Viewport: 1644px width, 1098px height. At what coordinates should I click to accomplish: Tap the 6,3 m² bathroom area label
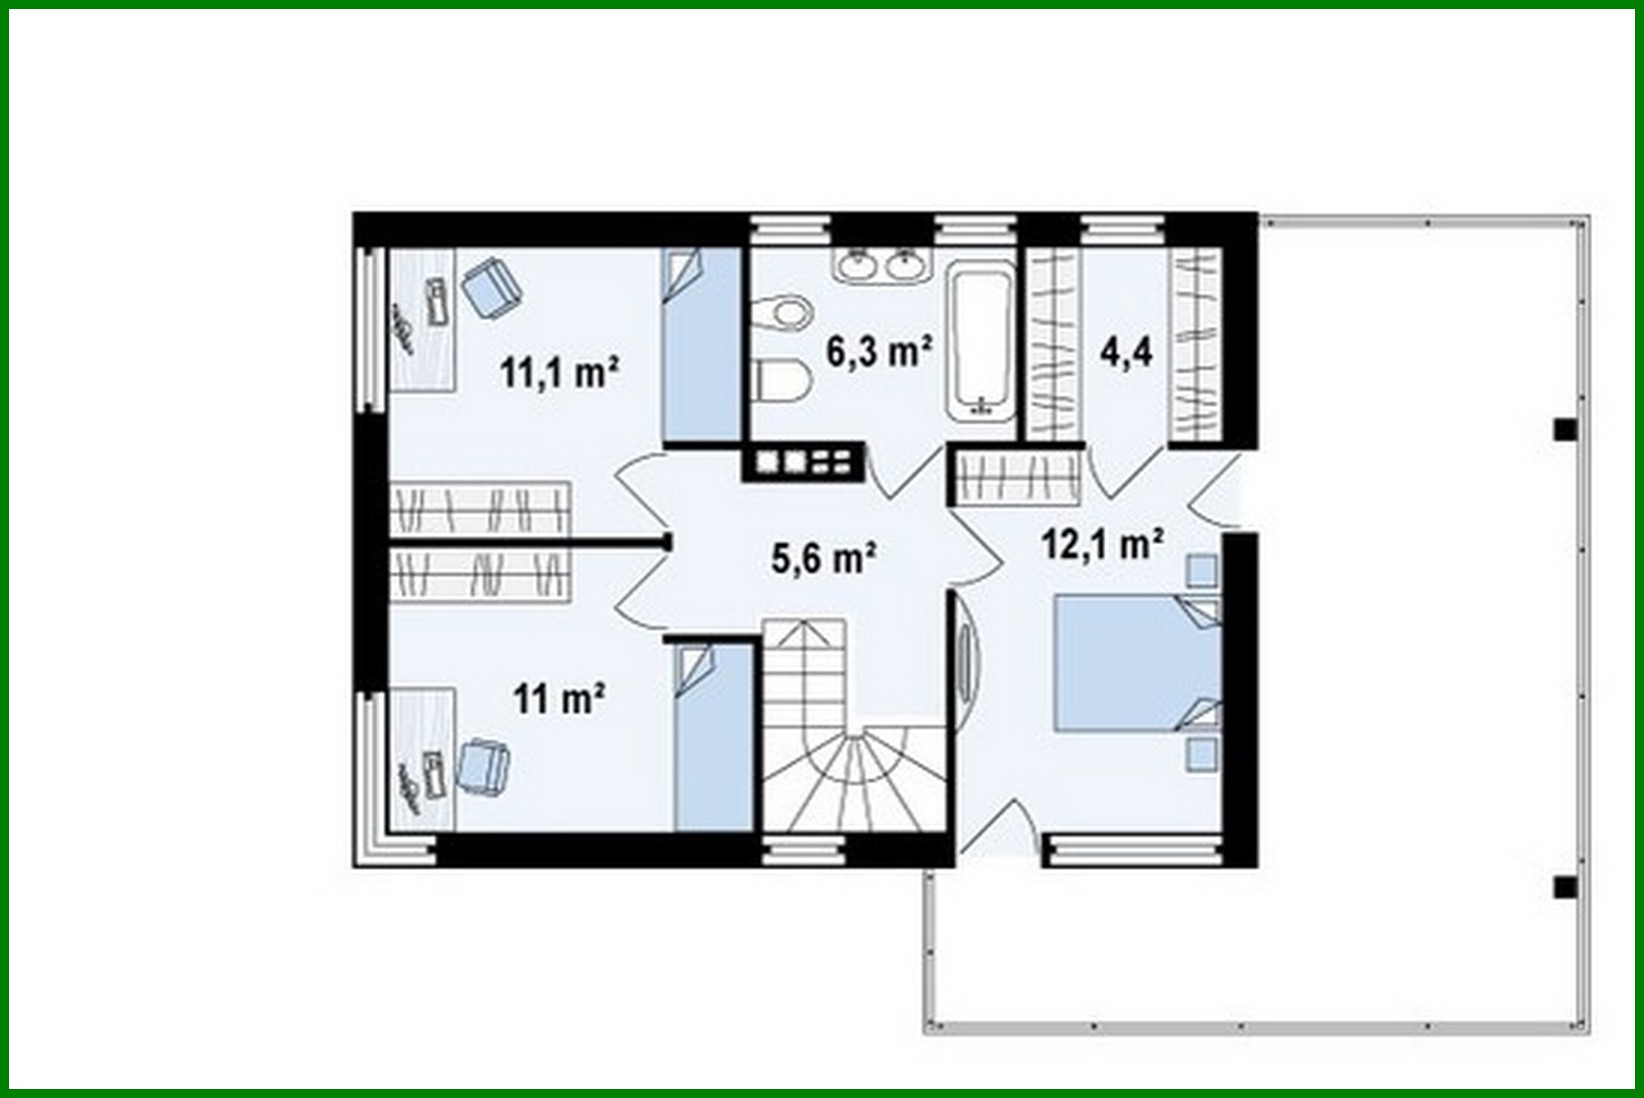(x=879, y=351)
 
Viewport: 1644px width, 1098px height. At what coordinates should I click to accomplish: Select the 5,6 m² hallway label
(x=824, y=557)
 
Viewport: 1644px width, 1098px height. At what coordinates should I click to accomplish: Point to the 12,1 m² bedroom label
(x=1102, y=544)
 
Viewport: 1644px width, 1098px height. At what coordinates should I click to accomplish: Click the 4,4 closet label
(x=1126, y=352)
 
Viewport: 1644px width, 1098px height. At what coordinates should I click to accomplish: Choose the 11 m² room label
(x=560, y=698)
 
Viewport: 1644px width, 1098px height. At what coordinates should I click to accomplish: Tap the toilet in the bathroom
(x=784, y=380)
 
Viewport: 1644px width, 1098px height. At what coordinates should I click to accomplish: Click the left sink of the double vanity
(x=857, y=266)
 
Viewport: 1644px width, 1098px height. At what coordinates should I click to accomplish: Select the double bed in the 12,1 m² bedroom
(x=1138, y=662)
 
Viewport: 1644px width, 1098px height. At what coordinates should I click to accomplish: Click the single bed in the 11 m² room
(x=713, y=736)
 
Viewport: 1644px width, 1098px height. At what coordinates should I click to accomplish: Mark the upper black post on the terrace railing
(x=1564, y=430)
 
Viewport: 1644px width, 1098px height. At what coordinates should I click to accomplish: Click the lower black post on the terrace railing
(x=1564, y=887)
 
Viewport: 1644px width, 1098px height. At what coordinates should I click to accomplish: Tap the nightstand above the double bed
(x=1201, y=570)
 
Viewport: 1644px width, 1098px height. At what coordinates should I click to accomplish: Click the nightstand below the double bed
(x=1201, y=754)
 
